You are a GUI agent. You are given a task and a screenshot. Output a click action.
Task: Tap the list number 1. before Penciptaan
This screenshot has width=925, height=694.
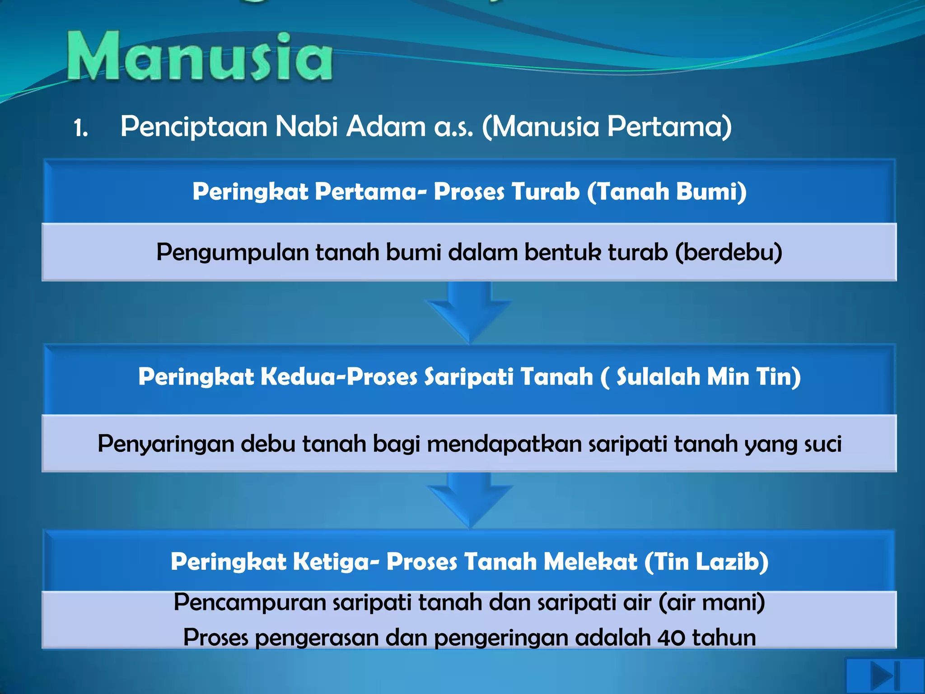pos(81,128)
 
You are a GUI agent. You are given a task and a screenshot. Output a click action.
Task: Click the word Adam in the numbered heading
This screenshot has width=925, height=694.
pos(386,127)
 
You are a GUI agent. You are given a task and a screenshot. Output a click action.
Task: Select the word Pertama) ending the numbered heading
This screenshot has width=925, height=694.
pos(669,127)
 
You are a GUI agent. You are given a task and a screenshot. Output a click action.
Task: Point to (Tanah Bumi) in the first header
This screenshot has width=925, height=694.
pos(667,192)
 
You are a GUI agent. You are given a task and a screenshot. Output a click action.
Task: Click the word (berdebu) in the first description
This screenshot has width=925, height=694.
pos(729,252)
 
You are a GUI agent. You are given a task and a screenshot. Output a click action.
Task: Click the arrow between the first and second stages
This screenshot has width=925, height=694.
pos(469,311)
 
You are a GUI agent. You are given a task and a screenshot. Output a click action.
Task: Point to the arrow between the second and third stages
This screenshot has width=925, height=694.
pos(469,500)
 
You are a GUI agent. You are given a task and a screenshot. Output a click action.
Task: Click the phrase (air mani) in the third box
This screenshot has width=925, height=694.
pos(712,603)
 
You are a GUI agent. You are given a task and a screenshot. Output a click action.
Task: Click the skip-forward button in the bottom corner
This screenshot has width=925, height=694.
pos(885,676)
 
